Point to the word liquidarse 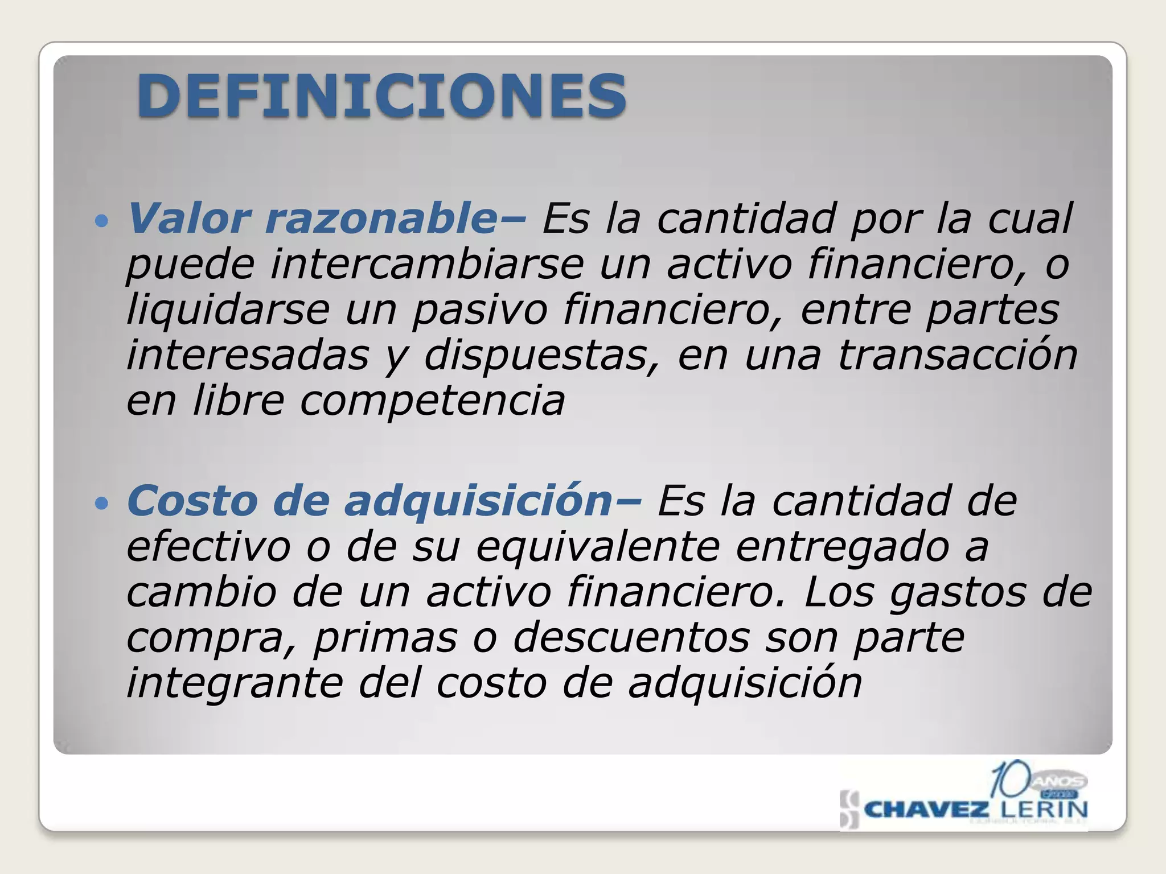tap(228, 310)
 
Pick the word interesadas tap(248, 356)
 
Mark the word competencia tap(432, 401)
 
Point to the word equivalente tap(598, 547)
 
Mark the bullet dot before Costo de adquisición tap(102, 503)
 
